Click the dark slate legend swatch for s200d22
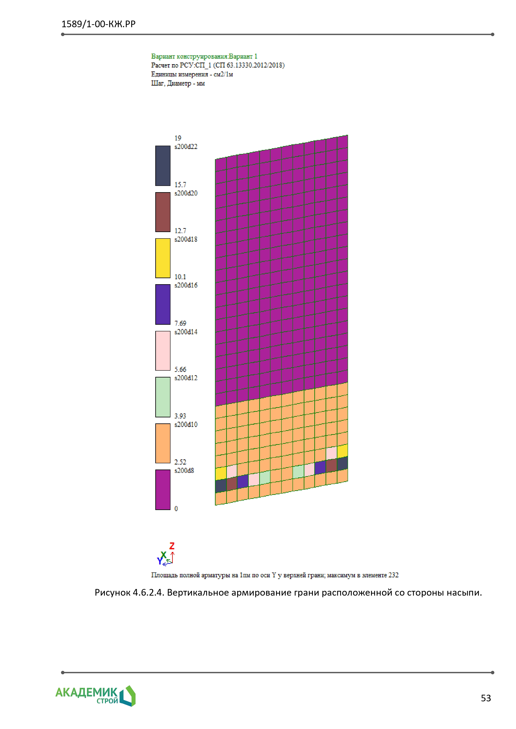[163, 166]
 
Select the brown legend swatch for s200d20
[163, 212]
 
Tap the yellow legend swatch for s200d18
[163, 258]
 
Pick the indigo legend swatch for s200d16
[163, 305]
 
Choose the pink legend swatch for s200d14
[163, 351]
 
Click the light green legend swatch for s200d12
[163, 397]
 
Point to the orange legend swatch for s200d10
[163, 443]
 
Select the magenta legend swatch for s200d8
[163, 490]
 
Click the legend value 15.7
[180, 184]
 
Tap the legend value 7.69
[180, 323]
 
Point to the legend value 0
[176, 509]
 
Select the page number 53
[486, 698]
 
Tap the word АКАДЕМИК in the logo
[86, 692]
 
